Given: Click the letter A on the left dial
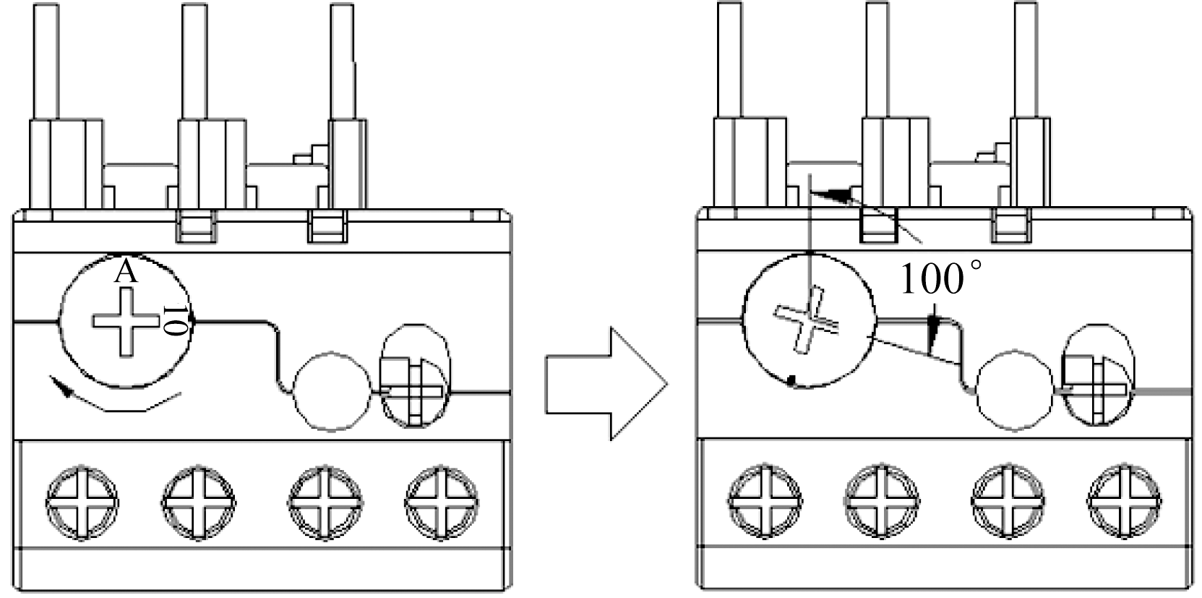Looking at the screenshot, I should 126,273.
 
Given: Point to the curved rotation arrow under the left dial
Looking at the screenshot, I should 116,396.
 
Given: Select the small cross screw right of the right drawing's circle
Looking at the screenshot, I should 1097,390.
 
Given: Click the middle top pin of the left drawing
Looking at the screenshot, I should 194,61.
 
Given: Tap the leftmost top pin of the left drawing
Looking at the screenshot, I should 46,61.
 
